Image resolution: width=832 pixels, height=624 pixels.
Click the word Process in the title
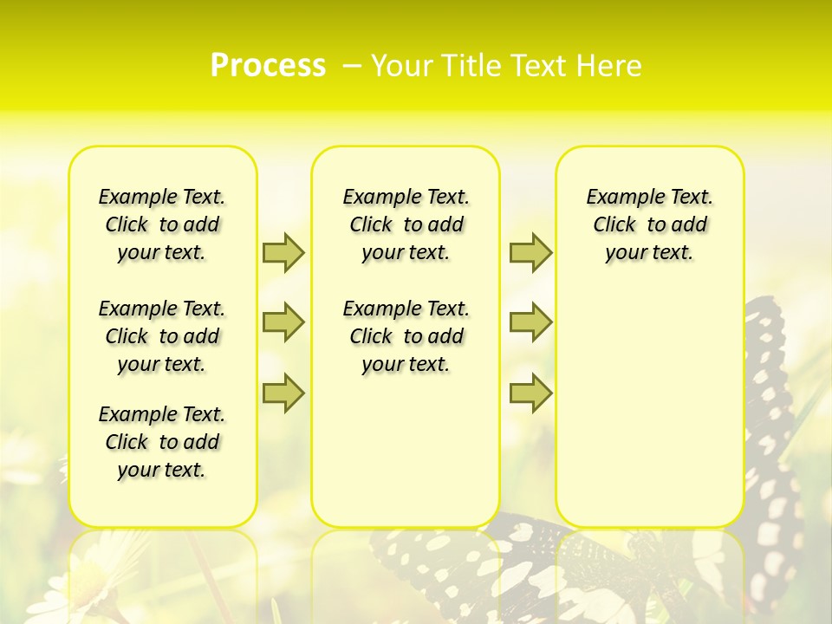268,65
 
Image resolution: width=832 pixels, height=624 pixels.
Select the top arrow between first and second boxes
283,252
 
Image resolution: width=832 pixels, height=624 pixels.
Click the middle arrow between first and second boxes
283,322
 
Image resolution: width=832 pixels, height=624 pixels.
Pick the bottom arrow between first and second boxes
283,393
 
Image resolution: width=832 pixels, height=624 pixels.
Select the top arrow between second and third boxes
530,252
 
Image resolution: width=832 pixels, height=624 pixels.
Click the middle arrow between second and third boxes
530,322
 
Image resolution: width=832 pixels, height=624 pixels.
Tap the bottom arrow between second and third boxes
530,393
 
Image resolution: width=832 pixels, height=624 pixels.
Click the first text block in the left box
162,224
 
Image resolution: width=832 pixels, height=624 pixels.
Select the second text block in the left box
162,336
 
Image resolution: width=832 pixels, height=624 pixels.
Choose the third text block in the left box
162,442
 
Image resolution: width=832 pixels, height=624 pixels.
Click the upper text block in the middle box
406,224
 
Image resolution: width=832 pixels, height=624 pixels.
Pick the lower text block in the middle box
406,336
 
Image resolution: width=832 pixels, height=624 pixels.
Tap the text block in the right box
649,224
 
